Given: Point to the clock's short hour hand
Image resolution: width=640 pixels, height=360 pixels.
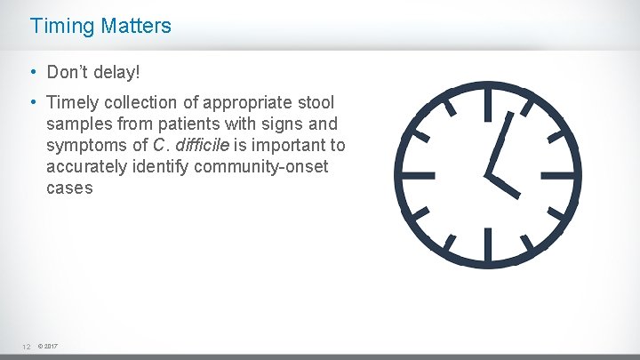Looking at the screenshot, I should [503, 185].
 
